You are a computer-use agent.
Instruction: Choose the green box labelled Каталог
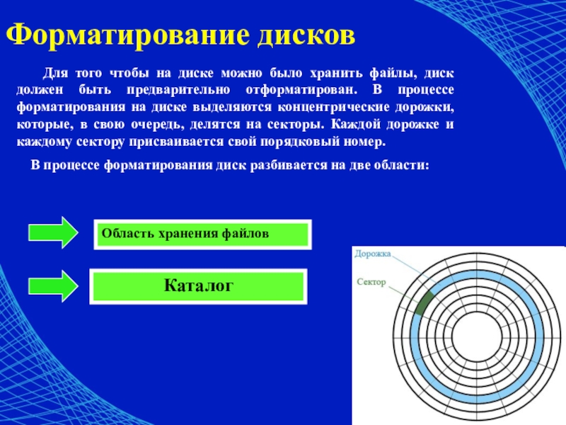coord(199,286)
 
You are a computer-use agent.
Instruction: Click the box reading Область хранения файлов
coord(202,234)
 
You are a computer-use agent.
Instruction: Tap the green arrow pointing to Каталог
coord(53,286)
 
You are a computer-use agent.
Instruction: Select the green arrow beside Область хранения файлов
coord(53,233)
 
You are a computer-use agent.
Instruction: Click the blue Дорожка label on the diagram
coord(373,254)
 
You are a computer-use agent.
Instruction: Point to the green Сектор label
coord(371,282)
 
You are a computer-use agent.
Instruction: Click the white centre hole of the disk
coord(476,339)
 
